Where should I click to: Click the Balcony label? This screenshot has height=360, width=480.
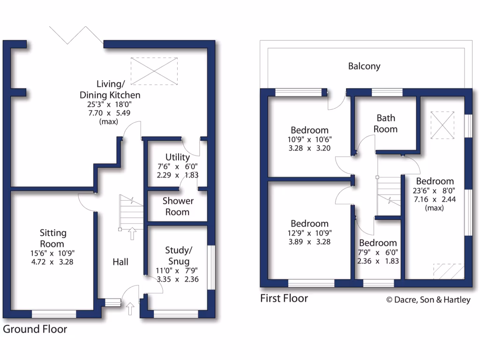pyautogui.click(x=364, y=66)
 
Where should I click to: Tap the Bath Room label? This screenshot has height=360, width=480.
pyautogui.click(x=385, y=124)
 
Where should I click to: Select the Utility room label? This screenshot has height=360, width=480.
pyautogui.click(x=177, y=157)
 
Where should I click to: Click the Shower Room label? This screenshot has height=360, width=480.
pyautogui.click(x=178, y=206)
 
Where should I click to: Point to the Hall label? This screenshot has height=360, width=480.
pyautogui.click(x=120, y=262)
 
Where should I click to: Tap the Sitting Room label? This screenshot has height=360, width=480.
pyautogui.click(x=52, y=238)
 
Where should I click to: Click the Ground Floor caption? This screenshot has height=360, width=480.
pyautogui.click(x=35, y=329)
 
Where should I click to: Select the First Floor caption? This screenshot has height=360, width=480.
pyautogui.click(x=284, y=299)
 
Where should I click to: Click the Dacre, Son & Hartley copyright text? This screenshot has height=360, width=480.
pyautogui.click(x=427, y=300)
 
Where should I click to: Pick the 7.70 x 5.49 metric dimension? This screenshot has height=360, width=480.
pyautogui.click(x=112, y=113)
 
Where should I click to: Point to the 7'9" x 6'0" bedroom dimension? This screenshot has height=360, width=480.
pyautogui.click(x=378, y=253)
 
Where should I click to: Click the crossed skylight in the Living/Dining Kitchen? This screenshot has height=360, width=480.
pyautogui.click(x=154, y=71)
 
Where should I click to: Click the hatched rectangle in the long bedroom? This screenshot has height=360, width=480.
pyautogui.click(x=448, y=271)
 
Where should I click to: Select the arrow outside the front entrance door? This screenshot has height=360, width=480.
pyautogui.click(x=130, y=308)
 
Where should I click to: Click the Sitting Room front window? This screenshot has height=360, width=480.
pyautogui.click(x=53, y=314)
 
